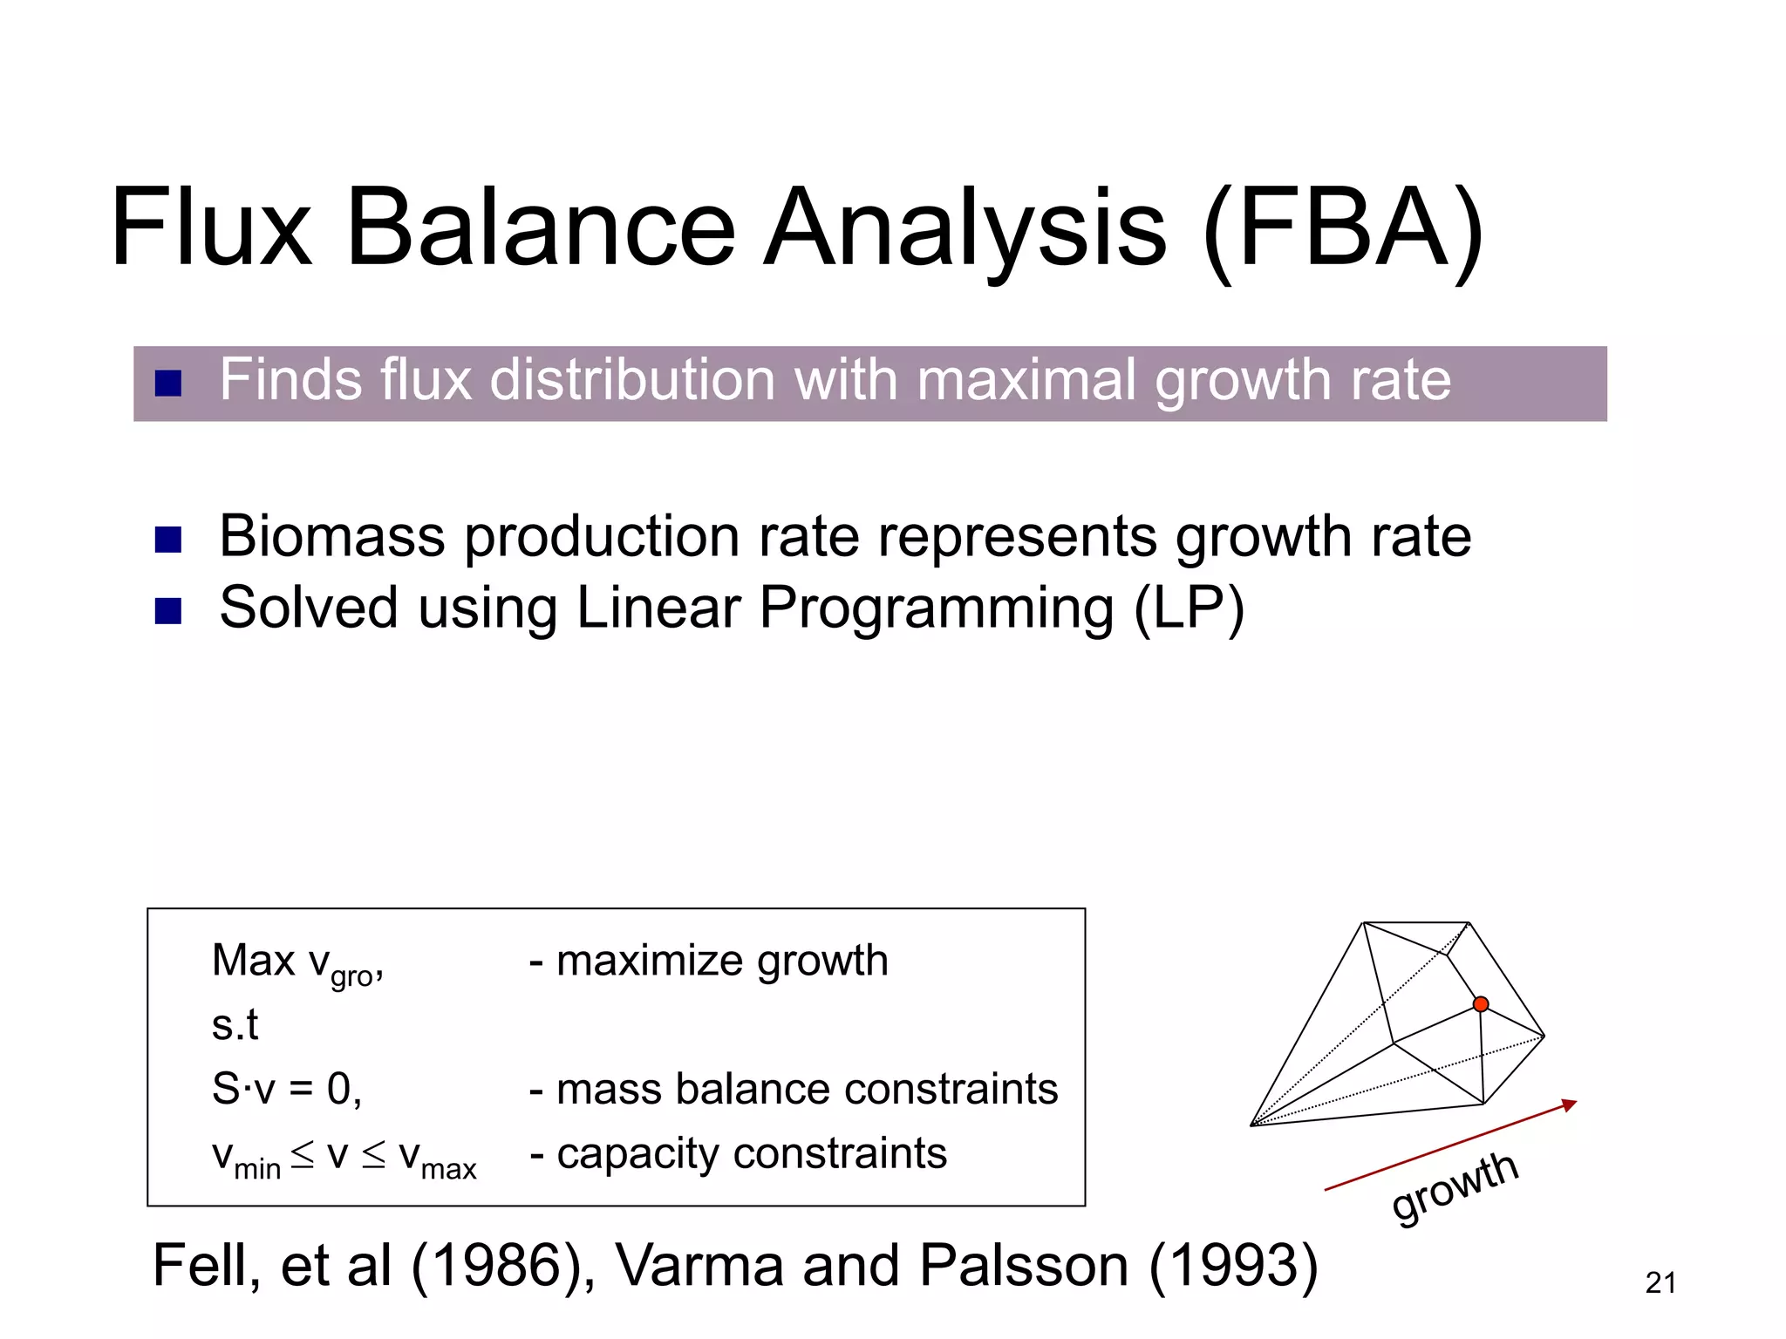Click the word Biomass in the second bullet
pyautogui.click(x=331, y=536)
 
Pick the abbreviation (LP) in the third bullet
pyautogui.click(x=1189, y=608)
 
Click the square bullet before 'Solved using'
pyautogui.click(x=167, y=611)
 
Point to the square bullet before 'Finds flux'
pyautogui.click(x=167, y=384)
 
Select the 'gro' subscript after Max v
pyautogui.click(x=351, y=977)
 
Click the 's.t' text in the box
pyautogui.click(x=235, y=1025)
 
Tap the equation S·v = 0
pyautogui.click(x=285, y=1089)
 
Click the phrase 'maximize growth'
pyautogui.click(x=721, y=962)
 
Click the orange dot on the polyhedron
pyautogui.click(x=1481, y=1004)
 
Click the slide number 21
pyautogui.click(x=1660, y=1283)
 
